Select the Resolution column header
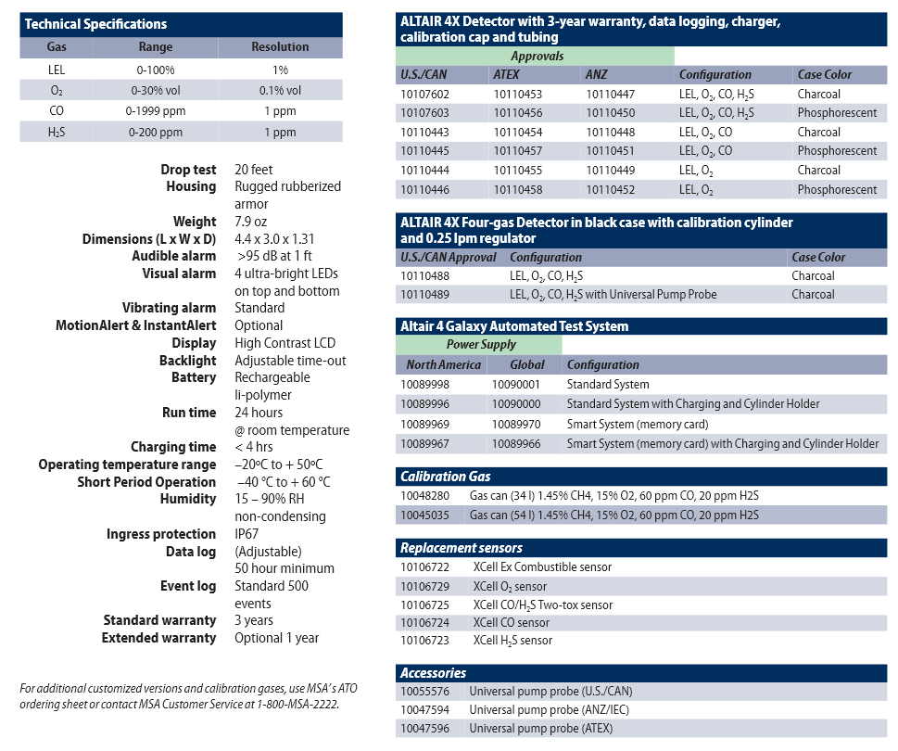pos(280,46)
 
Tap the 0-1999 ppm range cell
pos(156,111)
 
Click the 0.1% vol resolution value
pos(280,90)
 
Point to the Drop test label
pos(188,170)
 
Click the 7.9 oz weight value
pos(250,222)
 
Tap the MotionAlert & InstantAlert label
pos(136,325)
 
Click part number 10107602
pos(424,94)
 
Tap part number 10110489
pos(424,295)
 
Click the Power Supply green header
pos(481,345)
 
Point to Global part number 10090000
pos(515,404)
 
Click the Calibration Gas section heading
pos(446,477)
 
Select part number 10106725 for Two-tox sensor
pos(424,605)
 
